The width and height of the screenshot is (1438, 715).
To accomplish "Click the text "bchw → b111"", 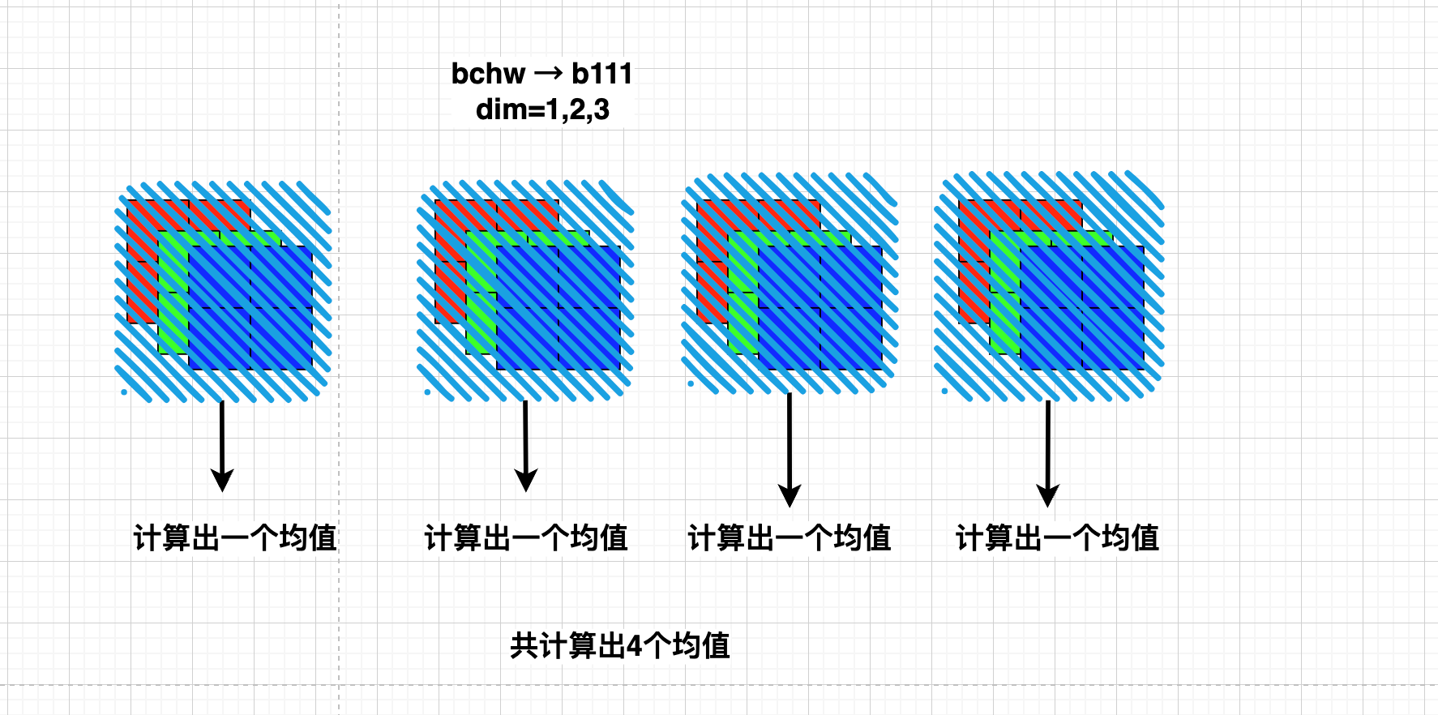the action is point(541,74).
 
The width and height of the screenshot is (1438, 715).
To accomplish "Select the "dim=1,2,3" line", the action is point(542,109).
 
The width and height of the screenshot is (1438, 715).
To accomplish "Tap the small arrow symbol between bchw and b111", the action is point(548,75).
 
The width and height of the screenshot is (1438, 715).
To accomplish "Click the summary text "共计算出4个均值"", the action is point(620,646).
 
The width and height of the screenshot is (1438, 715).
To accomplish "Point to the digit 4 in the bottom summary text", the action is point(635,646).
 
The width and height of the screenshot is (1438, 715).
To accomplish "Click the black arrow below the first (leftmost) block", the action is point(222,446).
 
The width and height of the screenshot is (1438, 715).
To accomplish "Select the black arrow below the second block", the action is point(526,446).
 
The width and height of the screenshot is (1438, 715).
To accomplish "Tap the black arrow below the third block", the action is point(790,451).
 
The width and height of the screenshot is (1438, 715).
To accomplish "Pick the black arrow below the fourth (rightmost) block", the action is point(1047,454).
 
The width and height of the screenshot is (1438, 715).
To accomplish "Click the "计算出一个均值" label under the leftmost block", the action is point(235,537).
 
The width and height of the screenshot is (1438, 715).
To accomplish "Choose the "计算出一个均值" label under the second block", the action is point(526,537).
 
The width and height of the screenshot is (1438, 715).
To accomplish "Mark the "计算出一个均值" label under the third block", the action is point(790,537).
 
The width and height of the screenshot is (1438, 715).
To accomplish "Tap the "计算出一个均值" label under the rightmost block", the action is point(1058,537).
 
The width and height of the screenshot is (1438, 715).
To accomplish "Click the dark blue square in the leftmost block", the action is point(250,308).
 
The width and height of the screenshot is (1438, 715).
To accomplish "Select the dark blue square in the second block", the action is point(559,308).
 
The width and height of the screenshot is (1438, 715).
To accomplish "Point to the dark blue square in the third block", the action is point(820,308).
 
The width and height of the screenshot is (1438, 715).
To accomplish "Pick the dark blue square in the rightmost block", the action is point(1082,308).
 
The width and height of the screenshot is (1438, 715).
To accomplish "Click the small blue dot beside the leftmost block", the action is point(124,392).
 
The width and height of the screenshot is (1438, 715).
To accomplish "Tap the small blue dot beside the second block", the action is point(427,392).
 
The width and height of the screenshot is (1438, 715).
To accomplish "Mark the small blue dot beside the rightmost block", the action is point(944,391).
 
